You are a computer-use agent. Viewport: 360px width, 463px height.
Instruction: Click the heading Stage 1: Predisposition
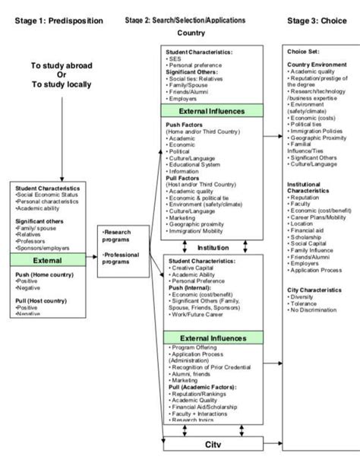[x=58, y=21]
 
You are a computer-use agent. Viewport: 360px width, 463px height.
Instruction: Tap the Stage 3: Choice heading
[x=318, y=21]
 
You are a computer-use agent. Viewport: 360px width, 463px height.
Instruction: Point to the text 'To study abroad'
[x=62, y=66]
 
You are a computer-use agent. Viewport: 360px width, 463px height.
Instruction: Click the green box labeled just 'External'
[x=49, y=260]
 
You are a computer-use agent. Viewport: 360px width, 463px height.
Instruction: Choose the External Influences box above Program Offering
[x=212, y=337]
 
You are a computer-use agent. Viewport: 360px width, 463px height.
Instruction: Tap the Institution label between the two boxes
[x=213, y=247]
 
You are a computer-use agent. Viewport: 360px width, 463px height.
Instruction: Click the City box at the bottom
[x=212, y=443]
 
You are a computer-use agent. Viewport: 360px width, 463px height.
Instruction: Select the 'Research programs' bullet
[x=118, y=236]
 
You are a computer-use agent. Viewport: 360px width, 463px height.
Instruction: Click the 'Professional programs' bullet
[x=122, y=258]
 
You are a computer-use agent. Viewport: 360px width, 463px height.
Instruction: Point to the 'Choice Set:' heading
[x=303, y=51]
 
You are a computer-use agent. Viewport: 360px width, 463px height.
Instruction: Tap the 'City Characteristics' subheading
[x=317, y=290]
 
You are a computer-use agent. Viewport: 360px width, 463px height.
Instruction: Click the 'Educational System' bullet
[x=195, y=164]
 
